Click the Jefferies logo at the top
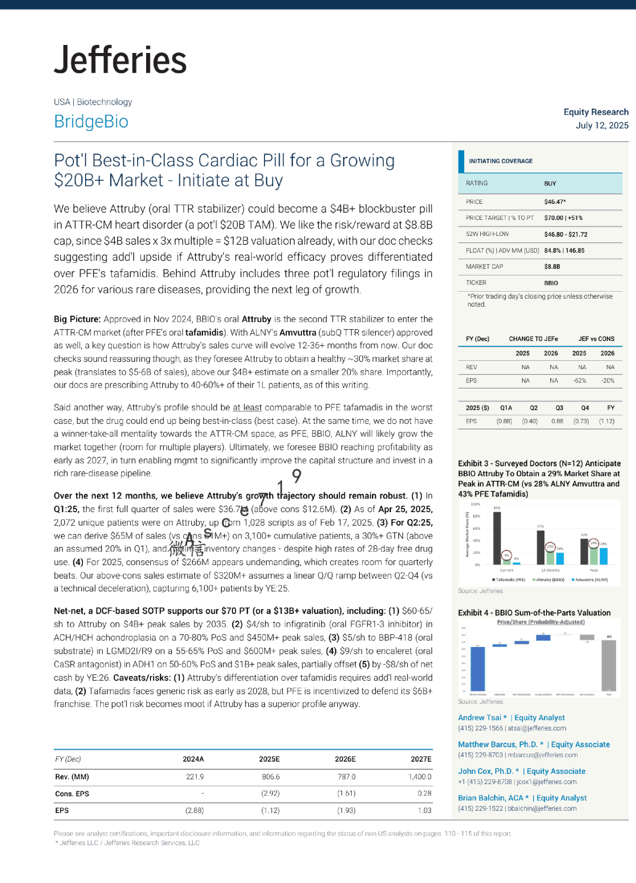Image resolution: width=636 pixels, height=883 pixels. (x=120, y=59)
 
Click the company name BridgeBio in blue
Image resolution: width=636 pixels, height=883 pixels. (x=91, y=121)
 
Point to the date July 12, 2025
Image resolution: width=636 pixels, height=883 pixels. (x=602, y=125)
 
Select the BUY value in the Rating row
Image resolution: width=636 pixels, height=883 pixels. (x=550, y=184)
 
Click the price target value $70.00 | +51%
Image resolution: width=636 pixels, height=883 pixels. (x=563, y=218)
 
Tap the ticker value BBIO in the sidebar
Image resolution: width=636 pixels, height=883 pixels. (x=551, y=283)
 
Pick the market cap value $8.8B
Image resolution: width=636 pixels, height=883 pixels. (x=552, y=267)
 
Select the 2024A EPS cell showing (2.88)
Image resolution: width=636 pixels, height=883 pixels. (x=194, y=810)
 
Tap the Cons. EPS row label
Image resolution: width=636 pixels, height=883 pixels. (x=72, y=794)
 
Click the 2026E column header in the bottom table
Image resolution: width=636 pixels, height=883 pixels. (x=345, y=759)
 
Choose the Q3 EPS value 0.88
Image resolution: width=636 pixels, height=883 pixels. (x=557, y=421)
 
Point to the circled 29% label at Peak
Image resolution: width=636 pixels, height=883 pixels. (x=594, y=543)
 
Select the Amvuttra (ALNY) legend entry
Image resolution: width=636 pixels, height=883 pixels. (x=590, y=580)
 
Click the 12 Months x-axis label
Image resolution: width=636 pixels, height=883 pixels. (x=550, y=570)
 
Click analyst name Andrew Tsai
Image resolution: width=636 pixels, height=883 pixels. (x=480, y=718)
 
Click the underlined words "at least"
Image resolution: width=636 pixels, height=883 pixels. (x=247, y=407)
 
